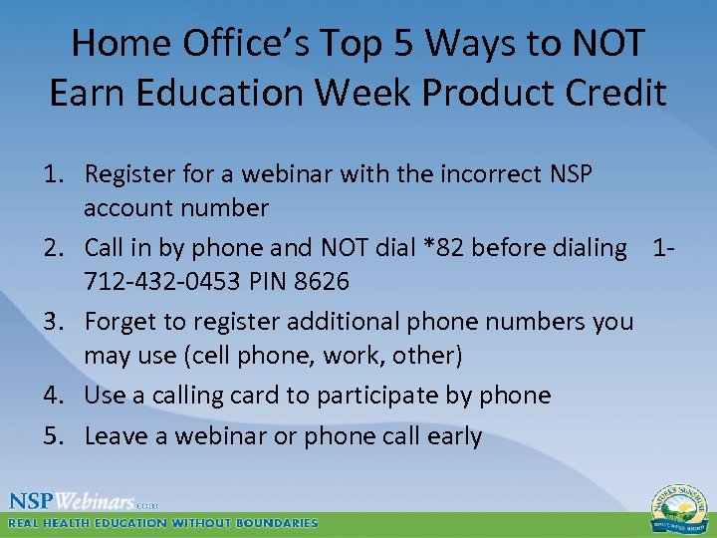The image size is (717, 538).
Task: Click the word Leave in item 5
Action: point(119,435)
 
